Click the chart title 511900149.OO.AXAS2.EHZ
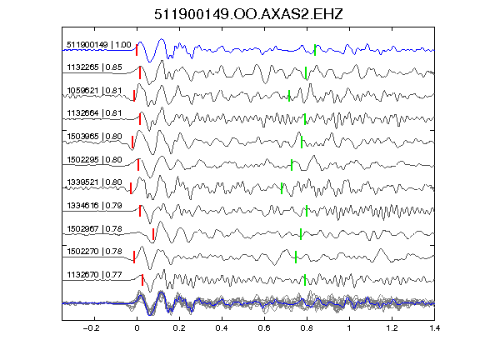click(248, 14)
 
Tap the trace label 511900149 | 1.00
click(99, 45)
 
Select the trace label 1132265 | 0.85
click(94, 67)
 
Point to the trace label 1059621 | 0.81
click(94, 91)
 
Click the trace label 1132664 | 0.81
click(94, 113)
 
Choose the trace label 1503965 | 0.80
click(94, 136)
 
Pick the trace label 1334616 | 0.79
click(94, 205)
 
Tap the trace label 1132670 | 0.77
click(94, 275)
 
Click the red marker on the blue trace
click(137, 50)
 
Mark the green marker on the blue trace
click(315, 50)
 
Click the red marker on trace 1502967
click(153, 234)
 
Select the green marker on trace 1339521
click(282, 188)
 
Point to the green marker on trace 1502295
click(292, 165)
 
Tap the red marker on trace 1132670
click(142, 280)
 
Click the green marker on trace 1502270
click(296, 257)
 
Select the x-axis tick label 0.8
click(307, 328)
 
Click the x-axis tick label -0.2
click(92, 328)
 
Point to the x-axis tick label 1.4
click(435, 328)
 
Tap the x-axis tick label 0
click(137, 328)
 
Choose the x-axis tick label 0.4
click(222, 328)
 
